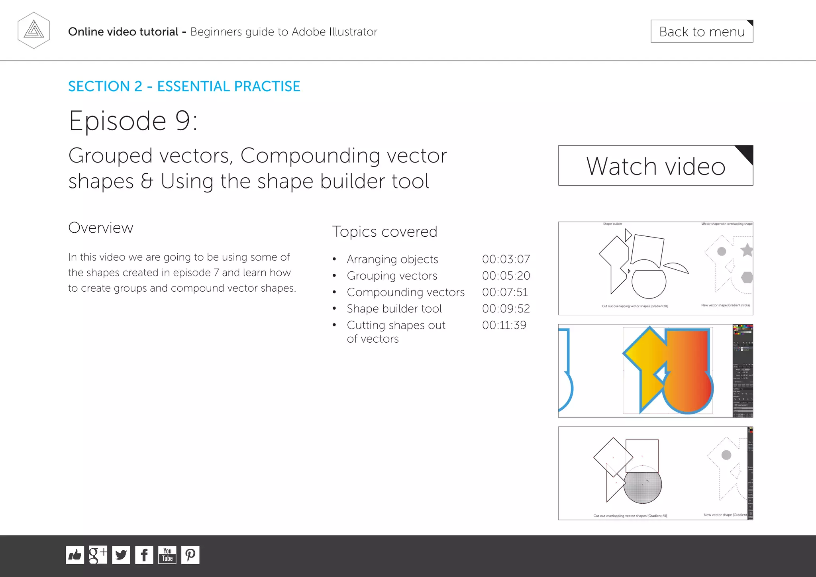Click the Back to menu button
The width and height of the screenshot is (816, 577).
point(702,31)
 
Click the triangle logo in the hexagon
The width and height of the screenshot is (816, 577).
point(34,30)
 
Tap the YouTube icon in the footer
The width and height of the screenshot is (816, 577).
point(167,555)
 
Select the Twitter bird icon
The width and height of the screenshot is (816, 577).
point(121,555)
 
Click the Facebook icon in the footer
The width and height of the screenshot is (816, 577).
point(144,555)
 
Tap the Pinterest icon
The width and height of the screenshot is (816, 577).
point(190,555)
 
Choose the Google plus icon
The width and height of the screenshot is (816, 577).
point(98,555)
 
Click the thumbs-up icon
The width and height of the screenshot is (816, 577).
point(75,555)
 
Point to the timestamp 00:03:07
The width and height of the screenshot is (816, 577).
point(506,259)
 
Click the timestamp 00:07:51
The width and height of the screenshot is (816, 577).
point(505,292)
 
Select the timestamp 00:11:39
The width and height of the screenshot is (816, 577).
point(504,325)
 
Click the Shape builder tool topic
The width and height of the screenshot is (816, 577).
point(394,309)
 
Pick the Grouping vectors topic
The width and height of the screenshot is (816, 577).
point(392,276)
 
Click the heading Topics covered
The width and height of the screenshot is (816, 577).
point(384,232)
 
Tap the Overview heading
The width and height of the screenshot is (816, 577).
point(100,228)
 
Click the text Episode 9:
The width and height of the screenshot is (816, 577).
point(133,121)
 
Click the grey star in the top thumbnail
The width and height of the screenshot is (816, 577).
point(747,250)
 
